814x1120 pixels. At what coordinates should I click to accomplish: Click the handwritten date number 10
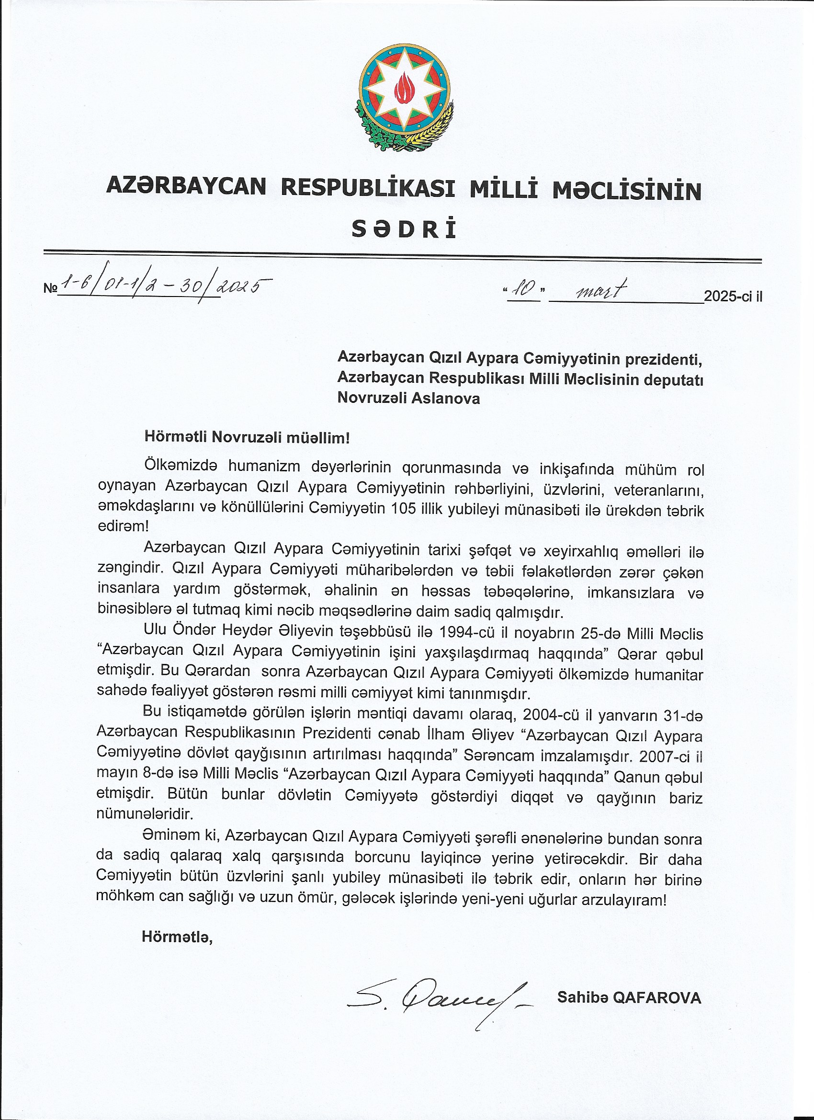pos(523,292)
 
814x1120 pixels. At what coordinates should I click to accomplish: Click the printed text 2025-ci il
pos(733,297)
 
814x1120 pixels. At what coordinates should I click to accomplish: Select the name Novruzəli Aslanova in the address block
pos(408,398)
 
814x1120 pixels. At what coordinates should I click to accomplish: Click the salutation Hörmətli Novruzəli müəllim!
pos(247,437)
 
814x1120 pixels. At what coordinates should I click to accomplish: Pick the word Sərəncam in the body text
pos(497,755)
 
